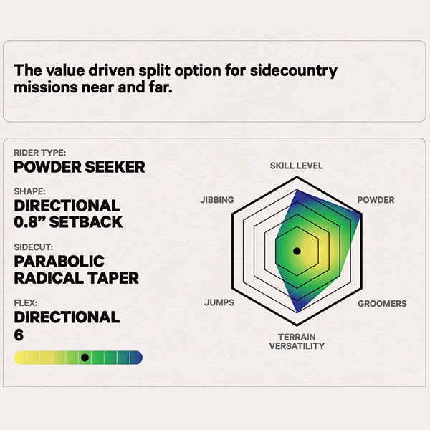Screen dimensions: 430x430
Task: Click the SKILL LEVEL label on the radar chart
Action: point(297,166)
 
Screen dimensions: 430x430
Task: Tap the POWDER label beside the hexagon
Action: point(376,200)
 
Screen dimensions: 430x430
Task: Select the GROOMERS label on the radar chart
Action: point(382,304)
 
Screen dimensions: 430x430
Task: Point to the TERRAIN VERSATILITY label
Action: point(297,341)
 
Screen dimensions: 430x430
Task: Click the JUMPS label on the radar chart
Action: point(219,302)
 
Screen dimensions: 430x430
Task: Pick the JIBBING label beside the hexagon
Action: point(217,200)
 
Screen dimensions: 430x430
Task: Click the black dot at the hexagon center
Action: point(297,251)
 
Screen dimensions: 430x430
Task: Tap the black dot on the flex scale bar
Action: point(85,358)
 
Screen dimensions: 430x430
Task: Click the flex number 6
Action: point(19,335)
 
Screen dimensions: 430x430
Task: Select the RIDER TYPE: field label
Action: point(39,153)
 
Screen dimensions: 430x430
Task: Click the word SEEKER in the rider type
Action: point(115,167)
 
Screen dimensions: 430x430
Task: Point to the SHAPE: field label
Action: point(29,191)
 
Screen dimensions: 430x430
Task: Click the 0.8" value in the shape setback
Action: point(29,222)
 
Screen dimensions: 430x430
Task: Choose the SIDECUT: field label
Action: point(34,247)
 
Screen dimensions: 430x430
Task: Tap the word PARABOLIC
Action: point(59,262)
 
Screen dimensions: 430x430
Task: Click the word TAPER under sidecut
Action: point(113,278)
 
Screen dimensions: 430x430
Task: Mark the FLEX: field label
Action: point(26,303)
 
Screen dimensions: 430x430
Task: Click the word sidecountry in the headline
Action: point(293,71)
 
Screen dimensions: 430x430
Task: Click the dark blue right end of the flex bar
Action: point(137,358)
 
